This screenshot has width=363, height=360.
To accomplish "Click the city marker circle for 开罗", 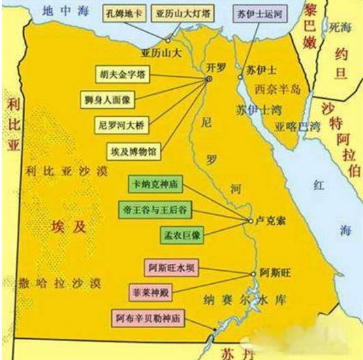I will pyautogui.click(x=209, y=79).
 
